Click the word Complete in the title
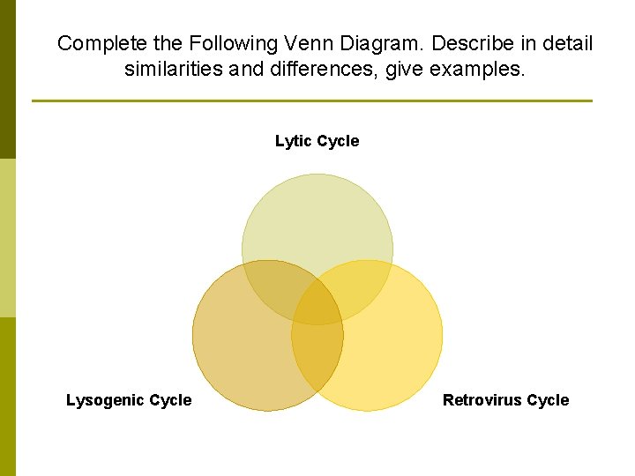coord(96,43)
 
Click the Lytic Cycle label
coord(317,141)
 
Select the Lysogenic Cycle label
coord(129,400)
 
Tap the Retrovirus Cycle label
coord(505,400)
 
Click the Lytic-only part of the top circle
coord(317,220)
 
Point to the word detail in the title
coord(570,43)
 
